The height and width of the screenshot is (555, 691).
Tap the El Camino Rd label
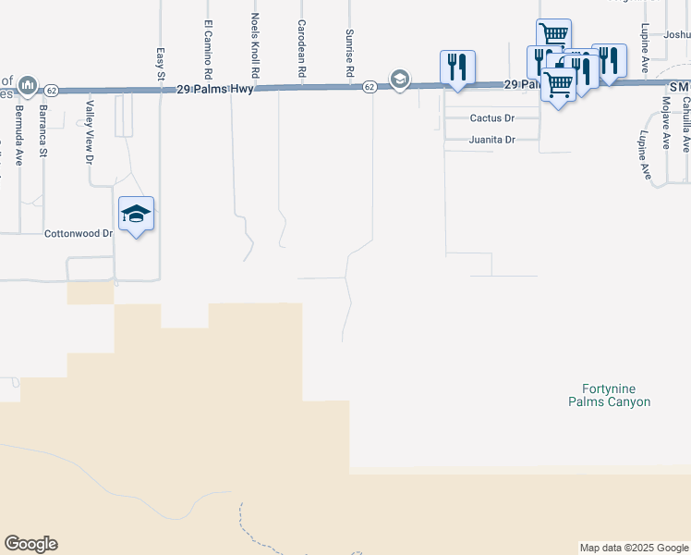[208, 49]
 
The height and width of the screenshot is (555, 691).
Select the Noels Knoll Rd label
[254, 44]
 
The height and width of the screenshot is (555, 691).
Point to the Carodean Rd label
[301, 47]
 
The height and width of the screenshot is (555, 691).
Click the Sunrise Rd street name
[350, 52]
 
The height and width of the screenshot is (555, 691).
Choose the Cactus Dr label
[491, 118]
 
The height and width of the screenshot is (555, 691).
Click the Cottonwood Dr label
[79, 234]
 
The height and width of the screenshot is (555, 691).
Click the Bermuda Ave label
[18, 135]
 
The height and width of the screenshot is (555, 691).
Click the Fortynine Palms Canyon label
[609, 395]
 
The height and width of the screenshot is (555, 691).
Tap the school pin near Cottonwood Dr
[136, 214]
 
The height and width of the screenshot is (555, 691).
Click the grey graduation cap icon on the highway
[399, 79]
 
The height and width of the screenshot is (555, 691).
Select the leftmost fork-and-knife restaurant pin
[457, 67]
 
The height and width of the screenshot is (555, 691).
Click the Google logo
[30, 544]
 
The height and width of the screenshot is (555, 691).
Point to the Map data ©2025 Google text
[633, 548]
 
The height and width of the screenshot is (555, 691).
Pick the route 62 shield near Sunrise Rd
[369, 87]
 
